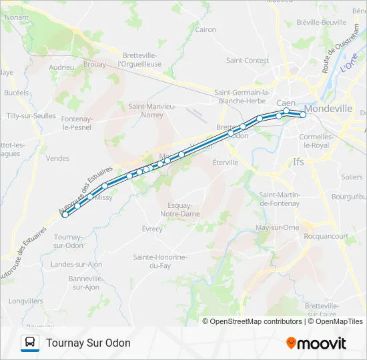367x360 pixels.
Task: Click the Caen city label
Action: point(286,102)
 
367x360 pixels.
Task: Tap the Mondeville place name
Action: point(328,108)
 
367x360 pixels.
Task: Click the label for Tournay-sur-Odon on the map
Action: point(68,241)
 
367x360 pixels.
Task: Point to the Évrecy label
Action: point(152,229)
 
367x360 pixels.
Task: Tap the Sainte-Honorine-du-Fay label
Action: point(159,261)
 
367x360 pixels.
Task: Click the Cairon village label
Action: point(206,29)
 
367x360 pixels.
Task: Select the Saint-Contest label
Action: point(248,60)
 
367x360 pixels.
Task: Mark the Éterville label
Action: point(225,162)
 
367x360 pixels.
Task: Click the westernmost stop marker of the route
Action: point(65,214)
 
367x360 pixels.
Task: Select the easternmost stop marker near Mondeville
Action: point(303,115)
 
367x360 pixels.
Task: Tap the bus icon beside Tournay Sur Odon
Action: point(31,343)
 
